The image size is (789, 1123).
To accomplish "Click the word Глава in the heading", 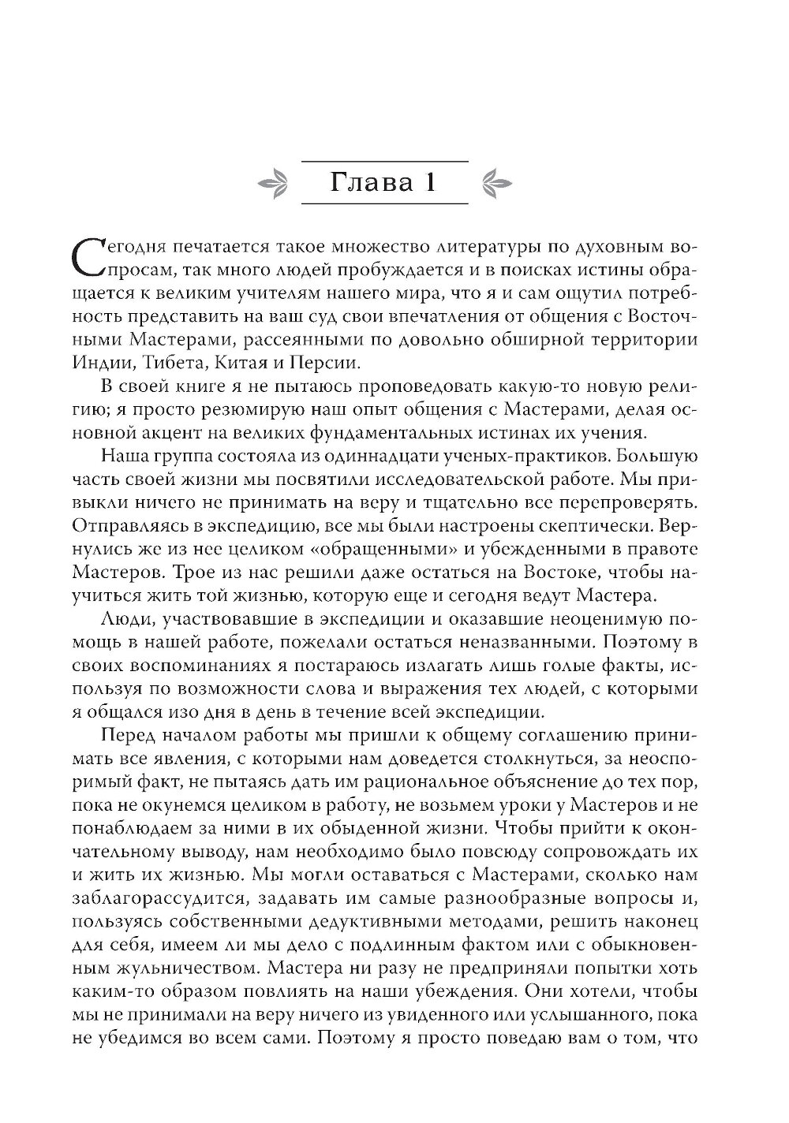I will tap(357, 183).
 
